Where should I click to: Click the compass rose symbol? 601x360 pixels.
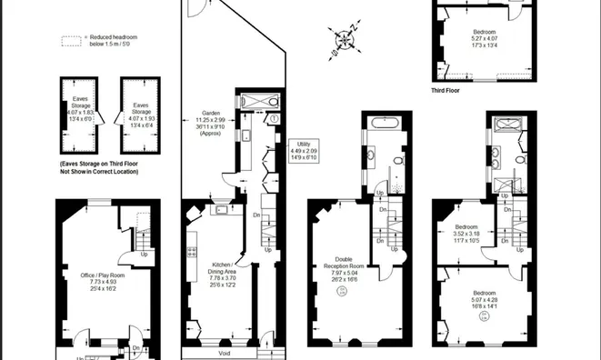point(345,39)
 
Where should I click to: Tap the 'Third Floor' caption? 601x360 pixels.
point(449,91)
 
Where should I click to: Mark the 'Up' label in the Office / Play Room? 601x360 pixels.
point(145,254)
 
